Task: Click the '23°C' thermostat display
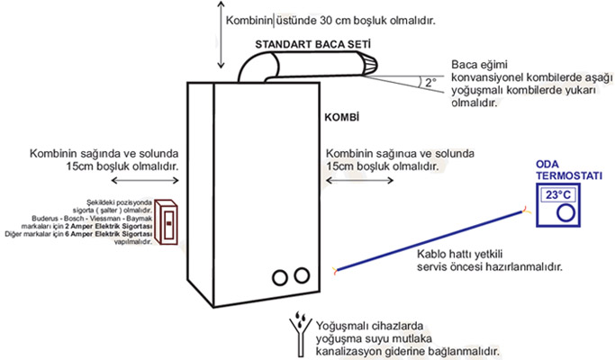(x=558, y=194)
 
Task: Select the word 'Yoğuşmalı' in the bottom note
(x=339, y=322)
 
